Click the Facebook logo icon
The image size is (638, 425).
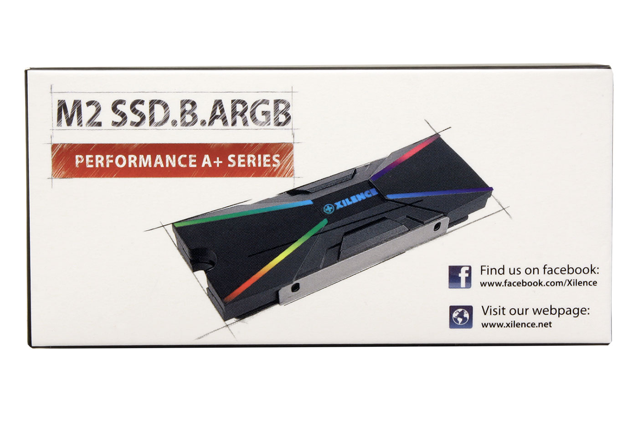pos(460,277)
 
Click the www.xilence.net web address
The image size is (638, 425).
pos(516,325)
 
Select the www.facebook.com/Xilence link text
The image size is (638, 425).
pos(538,283)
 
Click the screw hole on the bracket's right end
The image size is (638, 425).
pos(438,226)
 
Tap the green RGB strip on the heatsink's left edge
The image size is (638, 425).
pos(191,223)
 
